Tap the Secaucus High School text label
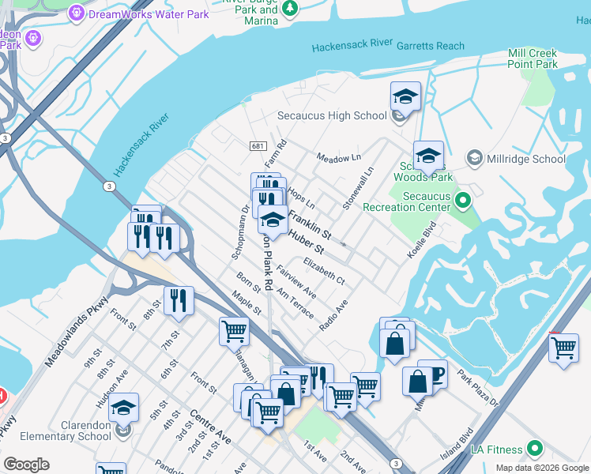(332, 115)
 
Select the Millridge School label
(526, 159)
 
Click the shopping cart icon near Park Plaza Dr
(563, 348)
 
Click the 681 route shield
(258, 146)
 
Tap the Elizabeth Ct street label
(324, 270)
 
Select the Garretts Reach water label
(433, 46)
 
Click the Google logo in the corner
(26, 465)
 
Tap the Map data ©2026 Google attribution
(541, 468)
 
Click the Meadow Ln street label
(338, 158)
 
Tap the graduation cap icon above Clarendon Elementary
(123, 408)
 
